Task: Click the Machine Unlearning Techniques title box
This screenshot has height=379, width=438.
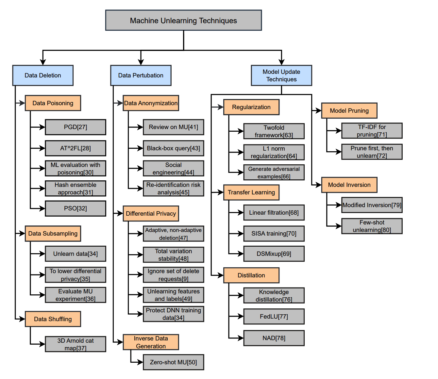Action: click(x=183, y=20)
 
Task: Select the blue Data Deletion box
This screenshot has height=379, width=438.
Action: click(x=43, y=75)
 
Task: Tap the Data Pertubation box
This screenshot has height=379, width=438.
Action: click(x=141, y=75)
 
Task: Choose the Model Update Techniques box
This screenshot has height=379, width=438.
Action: click(x=281, y=75)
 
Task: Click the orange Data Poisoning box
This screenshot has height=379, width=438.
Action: click(x=53, y=103)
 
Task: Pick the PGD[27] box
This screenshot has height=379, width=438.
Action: click(x=76, y=127)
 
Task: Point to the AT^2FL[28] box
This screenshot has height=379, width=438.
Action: click(x=76, y=148)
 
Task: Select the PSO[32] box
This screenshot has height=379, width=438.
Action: click(x=76, y=208)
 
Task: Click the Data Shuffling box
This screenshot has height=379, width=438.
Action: click(x=53, y=319)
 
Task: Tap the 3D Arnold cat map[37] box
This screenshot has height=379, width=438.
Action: click(x=76, y=344)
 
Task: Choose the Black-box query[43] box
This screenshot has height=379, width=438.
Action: click(x=173, y=148)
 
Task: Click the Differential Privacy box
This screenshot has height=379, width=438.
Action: click(x=151, y=214)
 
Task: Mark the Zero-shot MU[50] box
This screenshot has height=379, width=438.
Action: click(x=173, y=362)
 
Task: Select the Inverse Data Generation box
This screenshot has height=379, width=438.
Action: click(x=151, y=342)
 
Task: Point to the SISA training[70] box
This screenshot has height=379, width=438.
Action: click(x=274, y=234)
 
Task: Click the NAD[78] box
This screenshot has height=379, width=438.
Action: click(x=274, y=338)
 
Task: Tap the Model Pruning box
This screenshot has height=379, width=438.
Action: click(x=349, y=110)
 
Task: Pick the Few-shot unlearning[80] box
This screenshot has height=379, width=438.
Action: click(x=372, y=226)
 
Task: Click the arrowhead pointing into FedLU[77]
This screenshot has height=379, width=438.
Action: click(x=241, y=317)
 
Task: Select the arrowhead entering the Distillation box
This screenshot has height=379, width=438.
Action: click(x=221, y=275)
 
